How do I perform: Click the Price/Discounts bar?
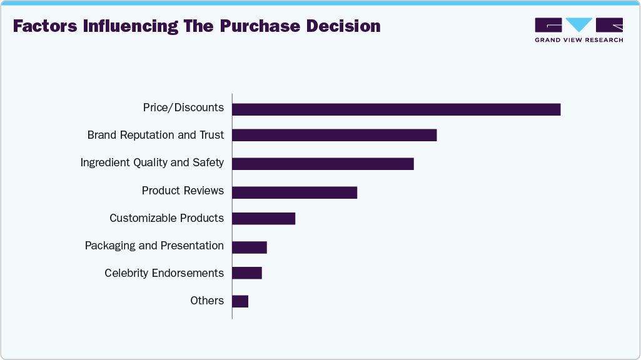(396, 109)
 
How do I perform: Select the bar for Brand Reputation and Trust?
(334, 135)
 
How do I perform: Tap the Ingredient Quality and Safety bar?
(323, 164)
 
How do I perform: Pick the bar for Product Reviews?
(295, 192)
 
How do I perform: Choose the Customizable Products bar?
(263, 218)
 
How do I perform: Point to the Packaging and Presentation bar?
(250, 247)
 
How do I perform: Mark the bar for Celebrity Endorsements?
(247, 273)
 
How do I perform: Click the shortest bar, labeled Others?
(240, 301)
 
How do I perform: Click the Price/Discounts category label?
(183, 107)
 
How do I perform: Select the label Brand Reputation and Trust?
(156, 135)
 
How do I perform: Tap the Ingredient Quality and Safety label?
(152, 162)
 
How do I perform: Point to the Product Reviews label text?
(183, 191)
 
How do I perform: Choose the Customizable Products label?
(166, 218)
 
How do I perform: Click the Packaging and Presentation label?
(154, 246)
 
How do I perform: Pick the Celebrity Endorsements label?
(164, 273)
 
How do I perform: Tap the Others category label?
(207, 301)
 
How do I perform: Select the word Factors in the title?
(45, 26)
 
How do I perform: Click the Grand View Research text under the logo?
(578, 40)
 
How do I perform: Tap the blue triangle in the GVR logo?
(579, 24)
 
